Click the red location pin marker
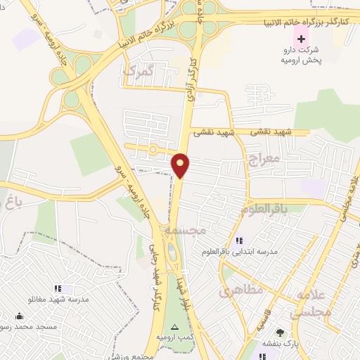pos(181,166)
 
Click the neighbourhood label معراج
pos(264,160)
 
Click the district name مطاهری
pos(241,289)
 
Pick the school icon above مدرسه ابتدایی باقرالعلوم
pos(239,241)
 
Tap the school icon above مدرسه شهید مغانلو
pos(58,288)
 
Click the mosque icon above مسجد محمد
pos(18,316)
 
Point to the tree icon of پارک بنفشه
pos(281,333)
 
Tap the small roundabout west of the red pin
pos(153,149)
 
